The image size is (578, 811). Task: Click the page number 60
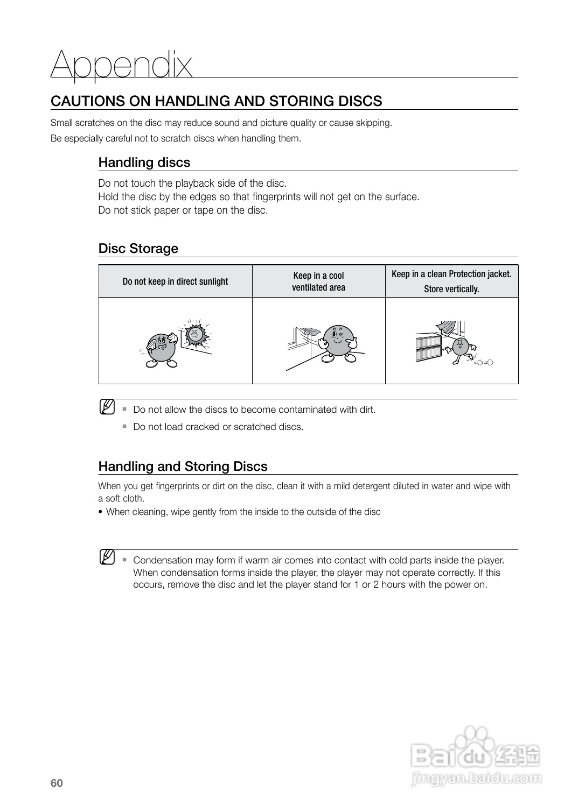tap(57, 783)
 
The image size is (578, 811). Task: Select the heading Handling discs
tap(144, 163)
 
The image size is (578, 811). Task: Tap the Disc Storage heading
tap(138, 249)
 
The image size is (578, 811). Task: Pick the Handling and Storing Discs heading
tap(183, 467)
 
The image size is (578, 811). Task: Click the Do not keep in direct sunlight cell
tap(175, 281)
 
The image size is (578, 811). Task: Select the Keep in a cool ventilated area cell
tap(318, 281)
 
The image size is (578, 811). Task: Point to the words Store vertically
tap(451, 289)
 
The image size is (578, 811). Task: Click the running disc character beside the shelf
tap(461, 348)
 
